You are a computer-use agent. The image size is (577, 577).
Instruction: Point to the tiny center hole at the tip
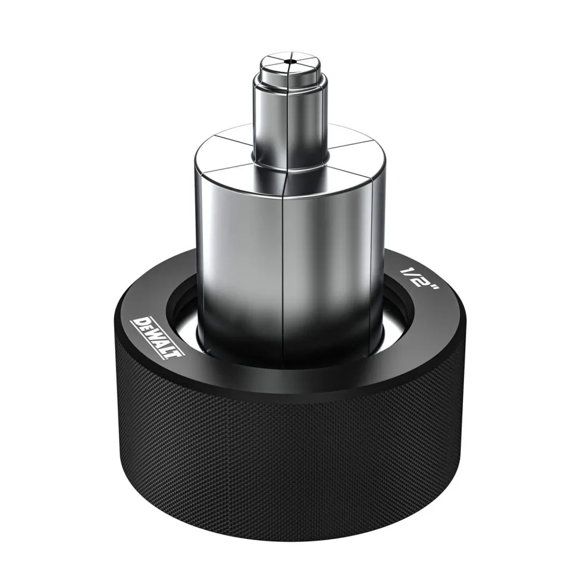pyautogui.click(x=291, y=61)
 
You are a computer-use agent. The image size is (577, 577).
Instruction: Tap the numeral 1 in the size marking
pyautogui.click(x=406, y=272)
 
